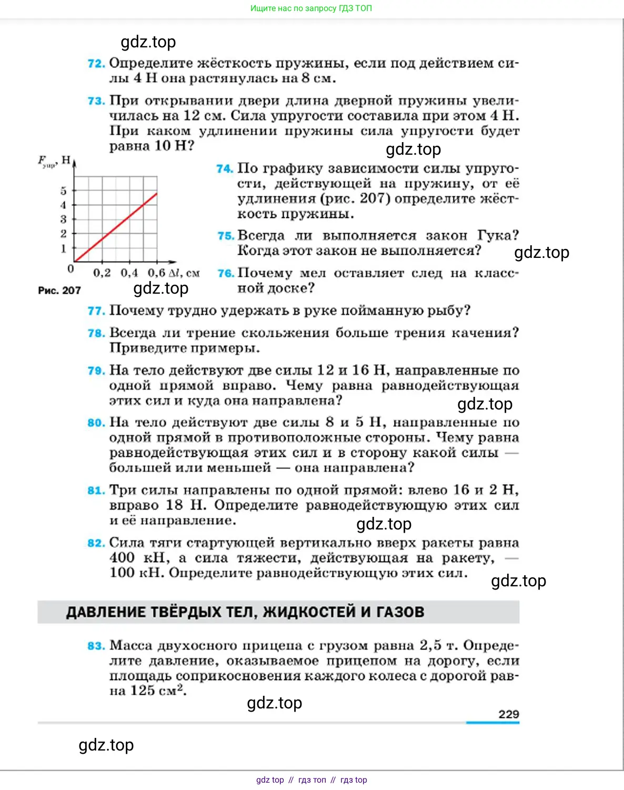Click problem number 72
tap(96, 64)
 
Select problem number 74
tap(225, 169)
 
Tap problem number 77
tap(96, 311)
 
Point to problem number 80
tap(96, 423)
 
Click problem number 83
tap(96, 646)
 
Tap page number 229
tap(508, 714)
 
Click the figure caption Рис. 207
tap(59, 290)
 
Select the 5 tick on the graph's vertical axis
tap(64, 191)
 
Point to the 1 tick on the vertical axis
tap(64, 248)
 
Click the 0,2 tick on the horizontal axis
tap(102, 273)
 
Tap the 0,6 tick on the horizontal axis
tap(156, 273)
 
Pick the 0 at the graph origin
tap(71, 269)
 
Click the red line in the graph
tap(116, 227)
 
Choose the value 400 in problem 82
tap(122, 558)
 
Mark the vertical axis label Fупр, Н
tap(54, 161)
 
